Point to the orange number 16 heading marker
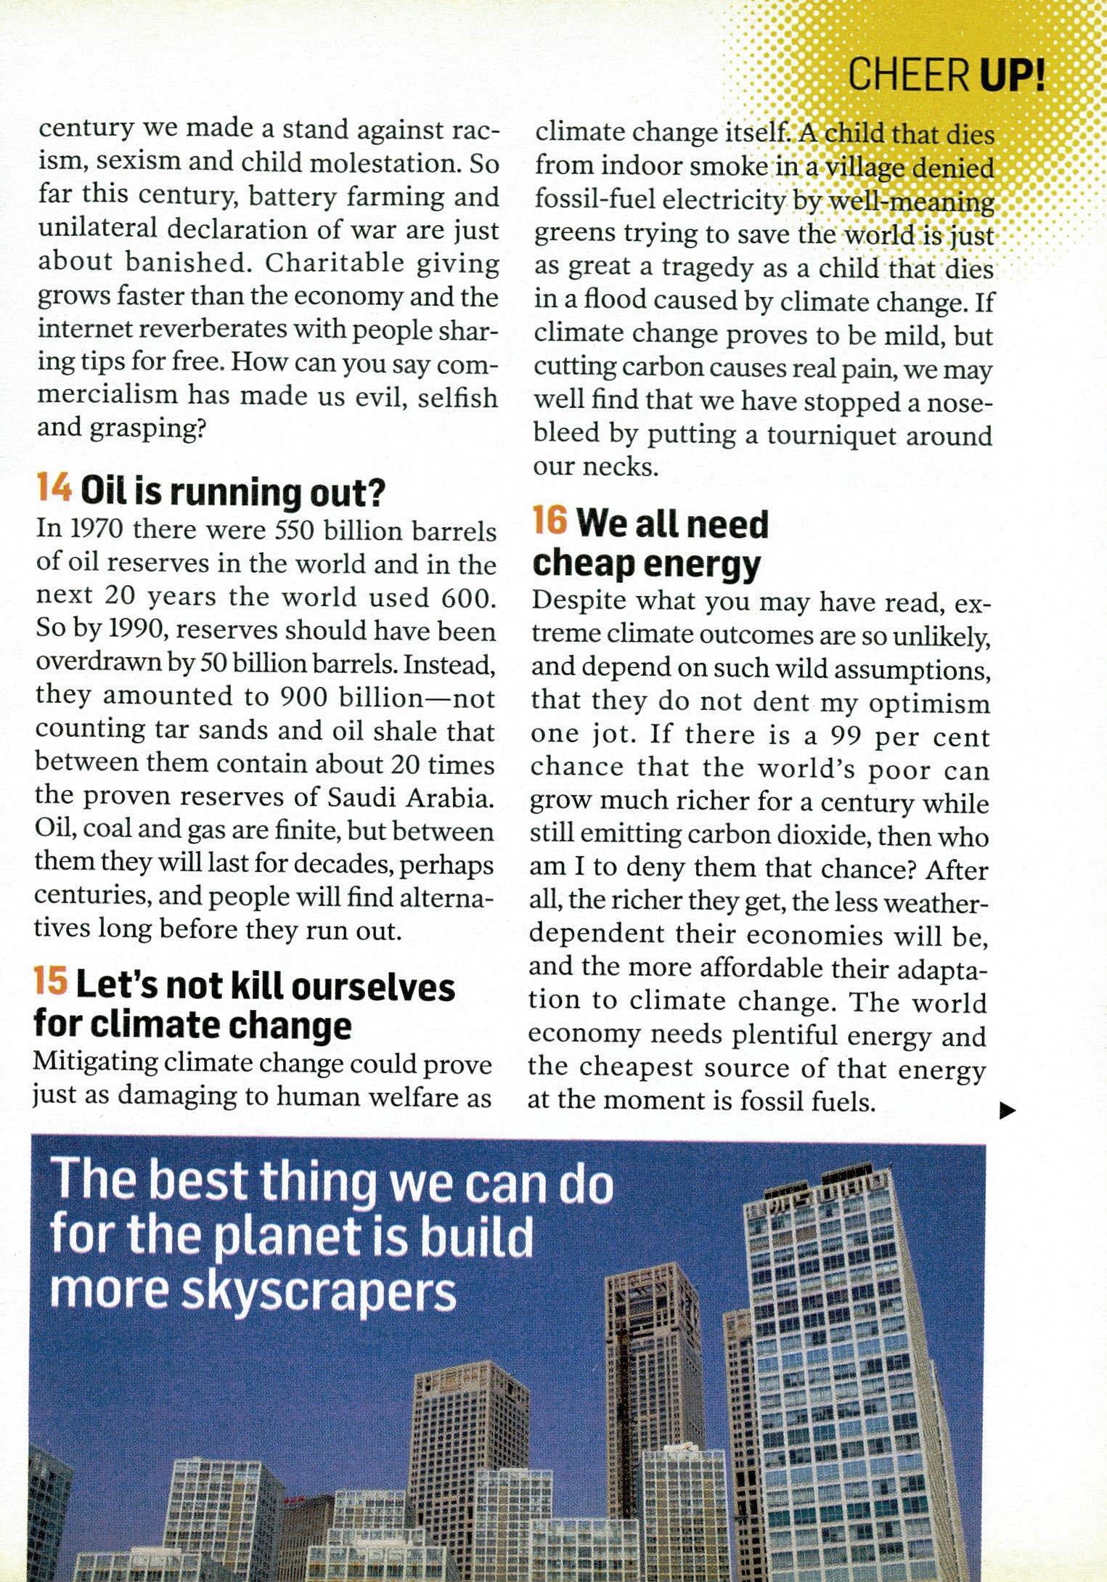[550, 522]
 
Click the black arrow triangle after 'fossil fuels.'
[1006, 1109]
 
